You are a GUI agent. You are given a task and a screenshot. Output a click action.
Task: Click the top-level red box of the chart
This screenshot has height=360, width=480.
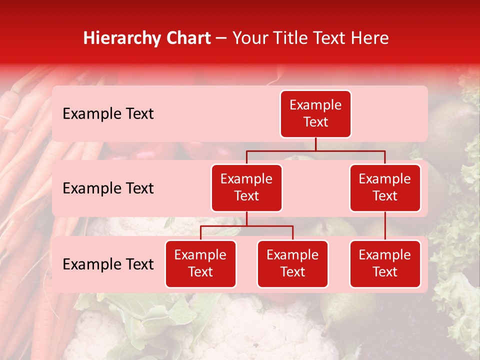point(315,114)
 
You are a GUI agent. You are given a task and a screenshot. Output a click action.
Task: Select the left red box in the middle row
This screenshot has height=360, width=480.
point(246,188)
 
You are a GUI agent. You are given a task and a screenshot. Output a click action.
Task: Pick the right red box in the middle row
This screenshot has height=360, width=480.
point(385,188)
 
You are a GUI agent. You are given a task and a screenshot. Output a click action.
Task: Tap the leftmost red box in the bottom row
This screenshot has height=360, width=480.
point(200,264)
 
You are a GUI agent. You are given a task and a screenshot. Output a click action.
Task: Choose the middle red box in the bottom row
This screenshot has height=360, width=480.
point(292,264)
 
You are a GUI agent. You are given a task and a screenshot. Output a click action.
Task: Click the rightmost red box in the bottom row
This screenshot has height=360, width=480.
point(385,264)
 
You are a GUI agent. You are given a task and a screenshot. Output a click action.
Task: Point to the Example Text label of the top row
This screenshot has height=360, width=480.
point(108,114)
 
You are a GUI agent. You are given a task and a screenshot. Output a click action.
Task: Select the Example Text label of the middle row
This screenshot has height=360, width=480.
point(108,188)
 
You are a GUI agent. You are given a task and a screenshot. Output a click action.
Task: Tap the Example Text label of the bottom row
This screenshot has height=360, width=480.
point(108,264)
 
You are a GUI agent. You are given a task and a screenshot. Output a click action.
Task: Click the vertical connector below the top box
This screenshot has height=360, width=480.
point(315,144)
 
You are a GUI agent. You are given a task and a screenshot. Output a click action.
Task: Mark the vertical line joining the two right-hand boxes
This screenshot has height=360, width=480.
point(385,226)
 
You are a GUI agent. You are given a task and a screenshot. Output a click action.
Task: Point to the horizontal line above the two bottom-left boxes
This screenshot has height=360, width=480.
point(246,226)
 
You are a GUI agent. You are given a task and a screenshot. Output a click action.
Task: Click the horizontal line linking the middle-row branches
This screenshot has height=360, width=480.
point(315,150)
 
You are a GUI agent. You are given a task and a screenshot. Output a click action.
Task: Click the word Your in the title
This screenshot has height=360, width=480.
point(249,38)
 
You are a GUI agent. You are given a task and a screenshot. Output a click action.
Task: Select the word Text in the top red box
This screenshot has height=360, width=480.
point(315,122)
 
